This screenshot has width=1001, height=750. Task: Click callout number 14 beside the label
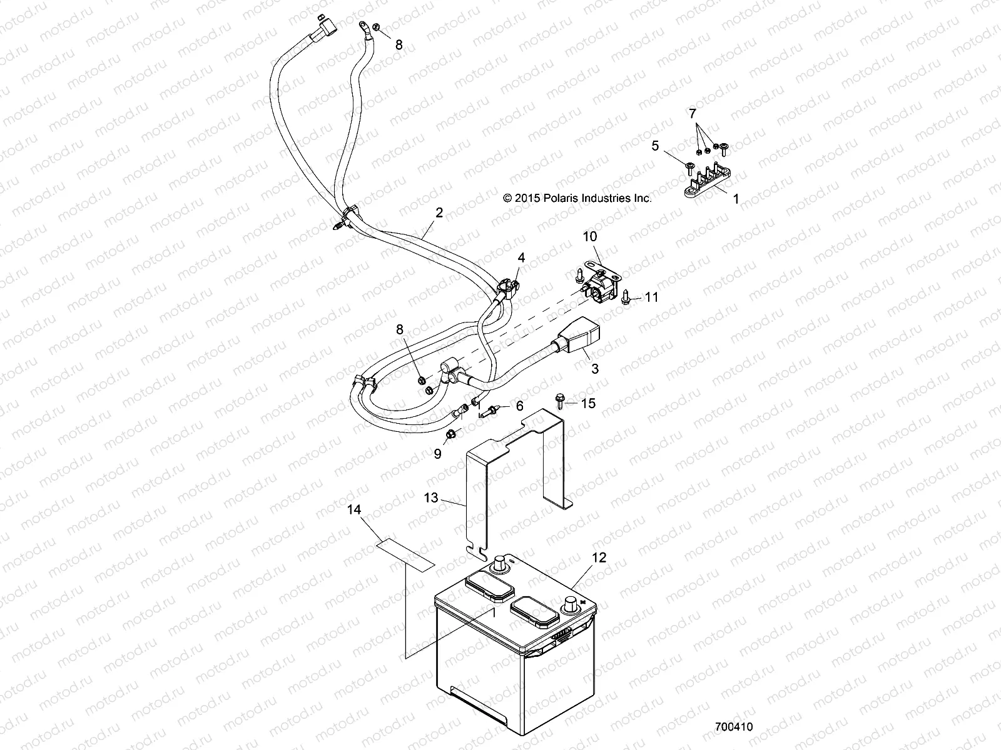pyautogui.click(x=355, y=510)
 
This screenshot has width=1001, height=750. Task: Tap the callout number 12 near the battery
pyautogui.click(x=599, y=557)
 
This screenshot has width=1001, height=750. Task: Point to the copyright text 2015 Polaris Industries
pyautogui.click(x=577, y=197)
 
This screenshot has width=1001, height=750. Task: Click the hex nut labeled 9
pyautogui.click(x=452, y=434)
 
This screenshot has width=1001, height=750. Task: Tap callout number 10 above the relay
pyautogui.click(x=590, y=236)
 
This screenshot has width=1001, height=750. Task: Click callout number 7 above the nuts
pyautogui.click(x=692, y=113)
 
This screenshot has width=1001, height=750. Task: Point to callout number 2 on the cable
pyautogui.click(x=439, y=212)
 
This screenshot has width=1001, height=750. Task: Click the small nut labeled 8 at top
pyautogui.click(x=378, y=27)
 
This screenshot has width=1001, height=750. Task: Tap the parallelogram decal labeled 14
pyautogui.click(x=405, y=554)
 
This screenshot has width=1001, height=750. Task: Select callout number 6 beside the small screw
pyautogui.click(x=519, y=406)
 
